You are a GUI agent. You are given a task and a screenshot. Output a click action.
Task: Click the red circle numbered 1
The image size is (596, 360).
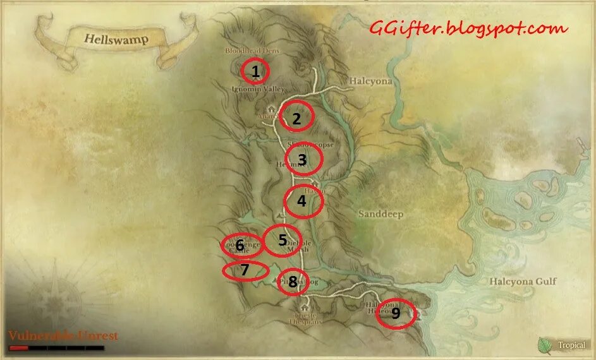[255, 71]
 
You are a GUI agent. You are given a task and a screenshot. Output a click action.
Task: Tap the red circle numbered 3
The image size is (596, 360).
[304, 160]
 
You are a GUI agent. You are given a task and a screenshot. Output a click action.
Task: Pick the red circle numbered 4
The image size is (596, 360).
[303, 201]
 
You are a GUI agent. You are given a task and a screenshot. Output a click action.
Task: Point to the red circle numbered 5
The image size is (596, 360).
[282, 241]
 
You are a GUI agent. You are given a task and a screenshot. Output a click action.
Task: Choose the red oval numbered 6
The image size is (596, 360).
[241, 245]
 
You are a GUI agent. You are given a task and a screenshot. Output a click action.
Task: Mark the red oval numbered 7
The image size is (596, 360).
[245, 271]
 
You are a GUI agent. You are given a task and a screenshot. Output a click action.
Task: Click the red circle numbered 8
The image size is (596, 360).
[293, 282]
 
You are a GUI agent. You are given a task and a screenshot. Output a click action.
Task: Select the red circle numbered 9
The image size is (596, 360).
[396, 313]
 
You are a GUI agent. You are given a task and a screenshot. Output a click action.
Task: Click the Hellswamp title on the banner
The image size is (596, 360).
[116, 39]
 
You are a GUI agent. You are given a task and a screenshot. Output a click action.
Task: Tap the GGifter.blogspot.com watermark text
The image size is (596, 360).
[469, 28]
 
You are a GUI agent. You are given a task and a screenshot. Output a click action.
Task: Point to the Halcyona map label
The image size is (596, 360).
[370, 81]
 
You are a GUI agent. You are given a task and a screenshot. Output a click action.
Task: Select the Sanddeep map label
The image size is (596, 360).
[380, 214]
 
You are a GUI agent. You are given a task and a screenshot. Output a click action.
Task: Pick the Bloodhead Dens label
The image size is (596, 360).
[251, 51]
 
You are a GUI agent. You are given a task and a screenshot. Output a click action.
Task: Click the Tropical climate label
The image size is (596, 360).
[571, 345]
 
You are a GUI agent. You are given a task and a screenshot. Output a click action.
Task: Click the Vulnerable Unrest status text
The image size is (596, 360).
[63, 335]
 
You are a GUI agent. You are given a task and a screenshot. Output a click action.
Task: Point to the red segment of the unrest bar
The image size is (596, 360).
[18, 347]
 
